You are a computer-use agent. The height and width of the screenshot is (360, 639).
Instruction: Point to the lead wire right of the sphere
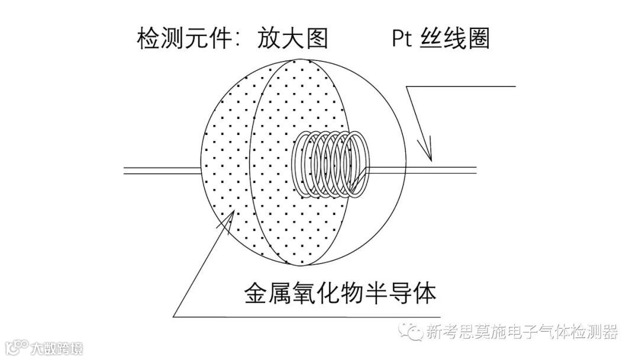point(450,170)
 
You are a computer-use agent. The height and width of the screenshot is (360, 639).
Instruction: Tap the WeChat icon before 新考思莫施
point(410,331)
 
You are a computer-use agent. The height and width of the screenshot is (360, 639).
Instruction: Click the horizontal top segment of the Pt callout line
point(461,86)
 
